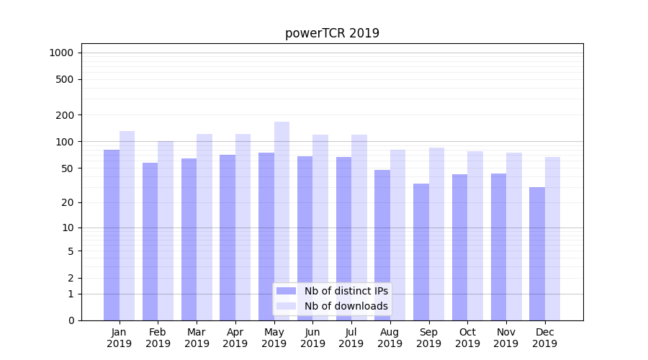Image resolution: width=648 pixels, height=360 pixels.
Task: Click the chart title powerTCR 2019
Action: click(x=332, y=33)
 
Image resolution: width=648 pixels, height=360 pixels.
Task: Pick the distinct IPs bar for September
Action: click(x=421, y=252)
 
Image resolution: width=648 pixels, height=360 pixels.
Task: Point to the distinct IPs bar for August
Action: click(x=382, y=245)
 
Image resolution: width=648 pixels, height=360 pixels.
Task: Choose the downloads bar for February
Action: click(x=166, y=230)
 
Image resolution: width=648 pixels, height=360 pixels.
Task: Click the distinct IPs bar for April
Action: click(x=228, y=238)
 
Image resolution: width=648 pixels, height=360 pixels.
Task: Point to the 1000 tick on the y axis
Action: click(x=61, y=53)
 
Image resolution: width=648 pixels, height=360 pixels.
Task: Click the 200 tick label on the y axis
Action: click(x=65, y=115)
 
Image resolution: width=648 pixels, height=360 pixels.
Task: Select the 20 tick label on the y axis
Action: click(x=68, y=202)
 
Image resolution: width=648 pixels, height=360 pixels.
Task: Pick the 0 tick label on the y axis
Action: click(x=71, y=320)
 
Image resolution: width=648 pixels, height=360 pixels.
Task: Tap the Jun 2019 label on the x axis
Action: click(x=312, y=338)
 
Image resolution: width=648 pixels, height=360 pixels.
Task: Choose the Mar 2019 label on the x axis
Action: click(x=197, y=338)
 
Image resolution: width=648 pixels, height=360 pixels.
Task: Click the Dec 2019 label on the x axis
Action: click(x=545, y=338)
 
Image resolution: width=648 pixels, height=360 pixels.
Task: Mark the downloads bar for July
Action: click(x=359, y=228)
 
